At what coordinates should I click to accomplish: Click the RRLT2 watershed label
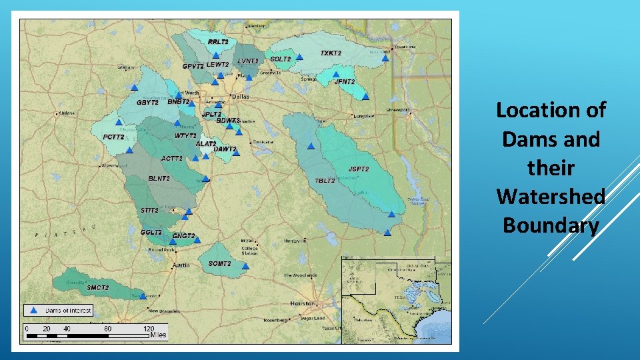coord(218,41)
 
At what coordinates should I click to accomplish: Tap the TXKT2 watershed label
coord(331,53)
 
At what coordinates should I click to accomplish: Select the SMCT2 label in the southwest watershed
coord(97,287)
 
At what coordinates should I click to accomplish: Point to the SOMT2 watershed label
coord(219,264)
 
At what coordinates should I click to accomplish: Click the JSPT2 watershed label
coord(358,169)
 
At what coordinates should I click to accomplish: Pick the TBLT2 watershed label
coord(325,181)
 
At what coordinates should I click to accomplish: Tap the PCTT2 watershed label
coord(113,137)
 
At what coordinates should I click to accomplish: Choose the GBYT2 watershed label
coord(147,103)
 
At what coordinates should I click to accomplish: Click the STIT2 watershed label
coord(149,210)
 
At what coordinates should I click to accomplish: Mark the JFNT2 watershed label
coord(344,81)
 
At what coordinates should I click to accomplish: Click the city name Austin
coord(181,265)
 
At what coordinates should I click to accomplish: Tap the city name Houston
coord(302,303)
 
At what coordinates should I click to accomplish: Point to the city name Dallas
coord(240,96)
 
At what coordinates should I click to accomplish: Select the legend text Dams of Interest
coord(68,310)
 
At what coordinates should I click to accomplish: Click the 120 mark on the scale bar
coord(149,329)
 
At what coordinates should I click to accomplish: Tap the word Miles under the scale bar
coord(158,335)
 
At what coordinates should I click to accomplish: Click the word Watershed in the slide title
coord(551,197)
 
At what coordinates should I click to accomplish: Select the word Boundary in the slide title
coord(551,225)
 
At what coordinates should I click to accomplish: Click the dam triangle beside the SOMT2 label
coord(245,266)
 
